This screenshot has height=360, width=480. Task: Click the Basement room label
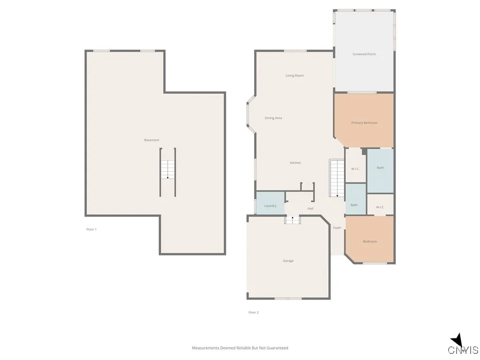click(151, 140)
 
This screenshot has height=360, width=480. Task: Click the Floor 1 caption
click(91, 229)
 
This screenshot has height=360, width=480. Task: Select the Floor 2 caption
click(253, 312)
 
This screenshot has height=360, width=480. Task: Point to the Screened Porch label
click(364, 54)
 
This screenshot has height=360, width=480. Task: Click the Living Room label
click(295, 75)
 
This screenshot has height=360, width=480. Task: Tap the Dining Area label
click(273, 118)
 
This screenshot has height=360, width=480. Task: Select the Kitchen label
click(295, 163)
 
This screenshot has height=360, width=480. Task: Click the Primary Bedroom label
click(364, 123)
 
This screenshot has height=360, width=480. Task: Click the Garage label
click(288, 261)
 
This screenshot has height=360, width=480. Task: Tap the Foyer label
click(337, 228)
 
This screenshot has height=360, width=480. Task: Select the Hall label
click(310, 209)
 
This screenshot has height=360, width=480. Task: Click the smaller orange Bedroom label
click(370, 241)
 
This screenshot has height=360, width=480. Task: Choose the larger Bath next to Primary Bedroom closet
click(380, 168)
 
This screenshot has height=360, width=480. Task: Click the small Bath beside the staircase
click(354, 204)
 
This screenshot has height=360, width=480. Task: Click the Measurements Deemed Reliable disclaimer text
click(240, 348)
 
